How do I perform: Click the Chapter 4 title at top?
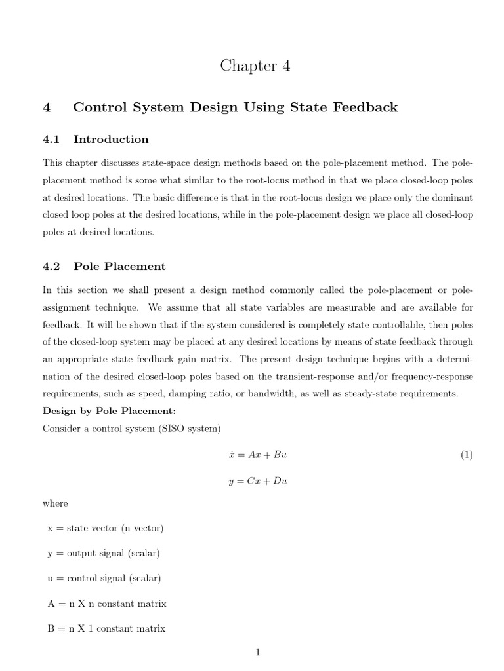(x=255, y=66)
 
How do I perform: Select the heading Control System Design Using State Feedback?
(x=235, y=107)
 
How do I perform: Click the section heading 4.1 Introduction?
(x=96, y=139)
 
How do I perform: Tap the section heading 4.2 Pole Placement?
(x=104, y=266)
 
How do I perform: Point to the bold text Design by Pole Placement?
(x=109, y=411)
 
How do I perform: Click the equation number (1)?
(x=466, y=455)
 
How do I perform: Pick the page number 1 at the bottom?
(x=258, y=652)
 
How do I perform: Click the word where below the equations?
(x=55, y=503)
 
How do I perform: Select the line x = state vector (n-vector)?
(x=105, y=528)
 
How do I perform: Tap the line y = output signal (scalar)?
(x=103, y=553)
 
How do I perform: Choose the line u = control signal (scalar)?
(x=104, y=578)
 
